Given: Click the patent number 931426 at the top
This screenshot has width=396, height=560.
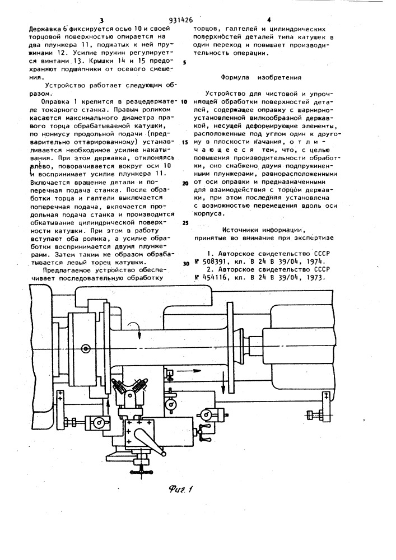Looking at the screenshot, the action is pos(181,20).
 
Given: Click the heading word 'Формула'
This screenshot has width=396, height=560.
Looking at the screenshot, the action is pos(235,77).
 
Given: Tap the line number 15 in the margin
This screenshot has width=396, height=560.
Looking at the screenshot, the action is pos(185,142).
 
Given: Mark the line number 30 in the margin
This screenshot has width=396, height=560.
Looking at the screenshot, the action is pos(185,264).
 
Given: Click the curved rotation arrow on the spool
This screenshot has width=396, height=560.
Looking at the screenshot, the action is pos(137,327).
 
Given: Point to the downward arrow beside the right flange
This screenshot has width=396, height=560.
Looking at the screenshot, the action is pos(223,385).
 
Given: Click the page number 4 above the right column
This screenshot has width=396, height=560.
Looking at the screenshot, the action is pos(269,20).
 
